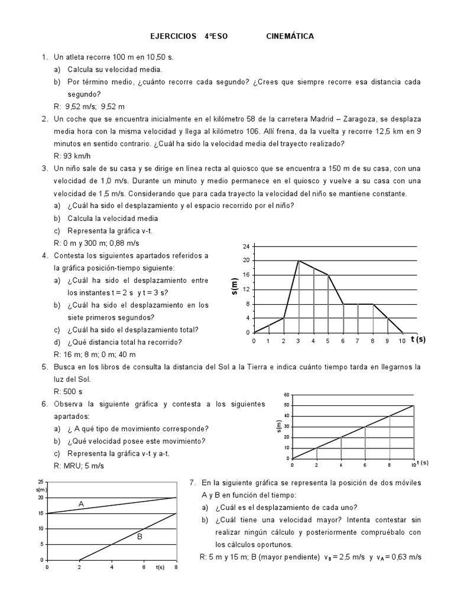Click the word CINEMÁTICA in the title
[290, 37]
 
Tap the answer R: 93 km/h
[72, 156]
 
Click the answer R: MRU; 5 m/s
[78, 466]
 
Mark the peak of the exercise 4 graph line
[299, 261]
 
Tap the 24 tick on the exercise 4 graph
[247, 246]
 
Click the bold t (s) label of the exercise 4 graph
[417, 340]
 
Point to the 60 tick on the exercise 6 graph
[287, 395]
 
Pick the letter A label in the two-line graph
[81, 503]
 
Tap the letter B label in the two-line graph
[140, 536]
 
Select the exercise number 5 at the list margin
[44, 367]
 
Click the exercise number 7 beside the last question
[192, 483]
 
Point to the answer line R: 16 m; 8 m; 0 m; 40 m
[95, 354]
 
